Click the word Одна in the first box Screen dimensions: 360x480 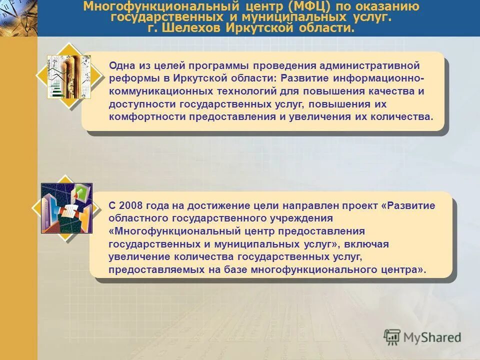121,65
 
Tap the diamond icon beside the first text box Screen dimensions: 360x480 68,76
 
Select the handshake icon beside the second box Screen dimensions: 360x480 66,207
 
